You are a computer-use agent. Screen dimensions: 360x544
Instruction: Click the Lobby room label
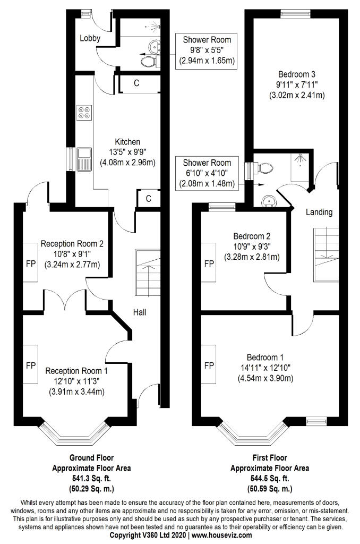[x=90, y=38]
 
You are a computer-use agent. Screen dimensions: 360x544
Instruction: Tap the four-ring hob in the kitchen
[x=85, y=113]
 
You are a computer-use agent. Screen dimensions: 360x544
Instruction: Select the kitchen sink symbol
[x=84, y=159]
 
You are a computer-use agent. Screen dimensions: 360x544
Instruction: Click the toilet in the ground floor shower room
[x=149, y=62]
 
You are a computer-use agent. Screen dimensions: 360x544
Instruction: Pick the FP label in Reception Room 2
[x=31, y=263]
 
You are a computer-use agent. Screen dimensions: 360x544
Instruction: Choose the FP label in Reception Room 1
[x=31, y=365]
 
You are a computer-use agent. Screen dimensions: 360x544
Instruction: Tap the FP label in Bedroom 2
[x=209, y=263]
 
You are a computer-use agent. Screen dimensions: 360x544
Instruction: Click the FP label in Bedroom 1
[x=209, y=365]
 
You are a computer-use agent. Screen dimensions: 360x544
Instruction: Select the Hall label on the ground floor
[x=140, y=312]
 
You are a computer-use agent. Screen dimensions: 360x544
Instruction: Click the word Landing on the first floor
[x=319, y=212]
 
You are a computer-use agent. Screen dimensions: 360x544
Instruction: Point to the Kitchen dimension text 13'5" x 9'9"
[x=127, y=152]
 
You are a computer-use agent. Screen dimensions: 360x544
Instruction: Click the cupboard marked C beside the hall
[x=149, y=199]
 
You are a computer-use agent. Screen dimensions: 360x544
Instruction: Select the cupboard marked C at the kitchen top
[x=137, y=83]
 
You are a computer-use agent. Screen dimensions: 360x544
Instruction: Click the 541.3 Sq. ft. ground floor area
[x=91, y=479]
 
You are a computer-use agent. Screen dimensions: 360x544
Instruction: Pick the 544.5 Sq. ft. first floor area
[x=270, y=479]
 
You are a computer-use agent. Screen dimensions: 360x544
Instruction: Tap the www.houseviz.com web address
[x=222, y=535]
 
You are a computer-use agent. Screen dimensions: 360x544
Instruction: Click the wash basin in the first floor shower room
[x=269, y=201]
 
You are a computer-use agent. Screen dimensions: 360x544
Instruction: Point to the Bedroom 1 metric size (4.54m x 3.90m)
[x=265, y=378]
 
